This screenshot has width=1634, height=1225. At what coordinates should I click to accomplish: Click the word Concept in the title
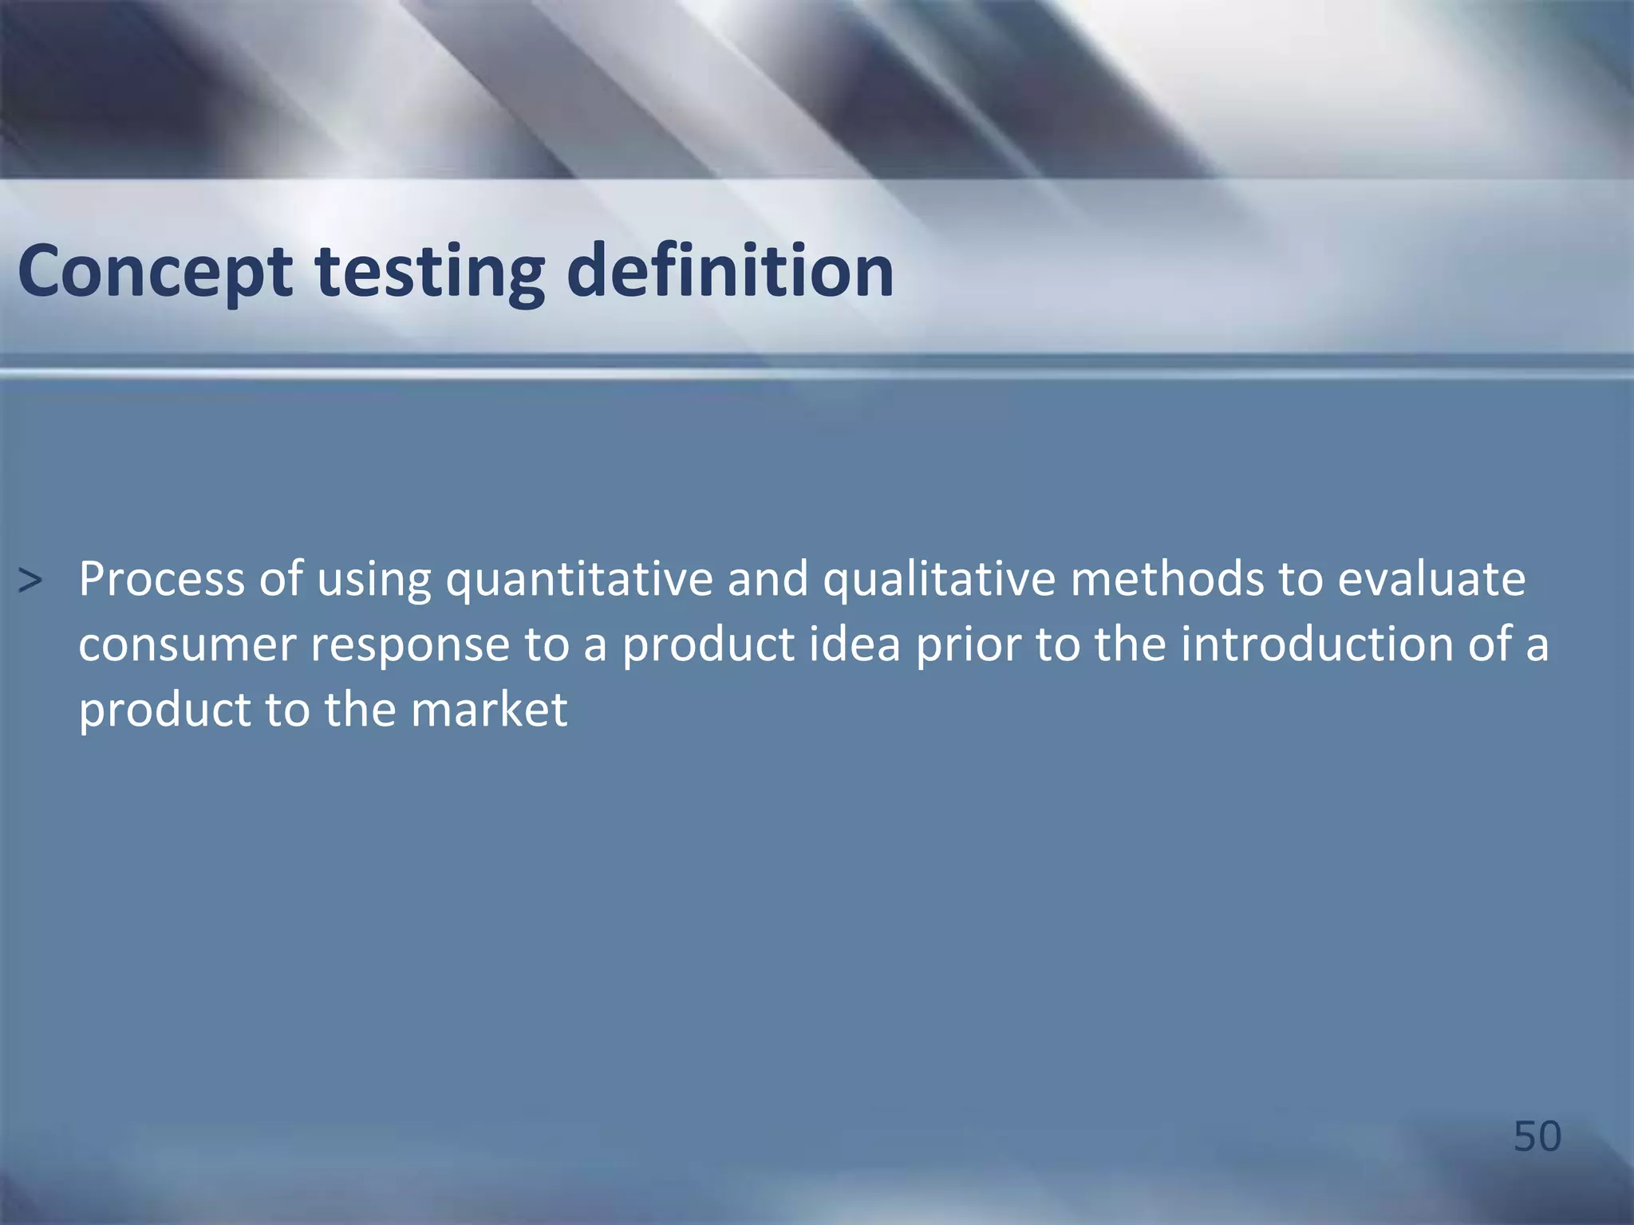155,273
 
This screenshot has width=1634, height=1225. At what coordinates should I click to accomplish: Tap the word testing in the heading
430,273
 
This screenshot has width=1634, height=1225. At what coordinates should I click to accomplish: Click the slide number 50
1537,1136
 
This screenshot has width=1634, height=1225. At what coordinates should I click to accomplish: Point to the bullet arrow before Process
30,581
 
